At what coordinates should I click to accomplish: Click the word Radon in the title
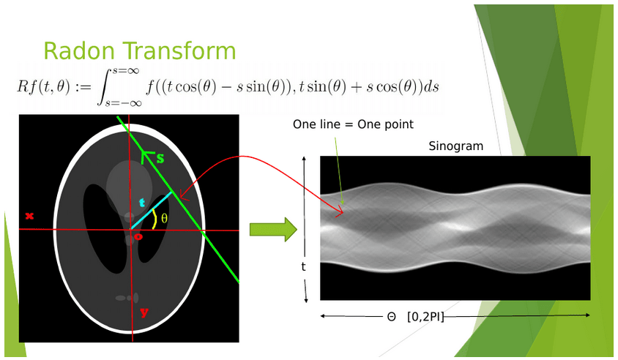[x=79, y=50]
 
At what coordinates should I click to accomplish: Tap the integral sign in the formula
[x=104, y=88]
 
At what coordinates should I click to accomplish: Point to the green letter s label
[x=160, y=158]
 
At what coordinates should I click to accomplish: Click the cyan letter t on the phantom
[x=142, y=203]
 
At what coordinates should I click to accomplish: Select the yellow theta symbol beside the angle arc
[x=164, y=218]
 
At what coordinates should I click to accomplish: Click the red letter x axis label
[x=29, y=216]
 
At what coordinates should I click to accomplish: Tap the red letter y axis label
[x=144, y=312]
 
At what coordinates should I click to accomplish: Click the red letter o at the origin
[x=138, y=237]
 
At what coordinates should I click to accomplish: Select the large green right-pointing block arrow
[x=273, y=230]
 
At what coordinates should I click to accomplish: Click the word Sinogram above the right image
[x=456, y=146]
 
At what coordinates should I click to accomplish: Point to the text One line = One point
[x=353, y=124]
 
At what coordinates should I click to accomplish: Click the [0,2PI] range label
[x=425, y=316]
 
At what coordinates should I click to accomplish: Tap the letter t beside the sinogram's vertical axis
[x=303, y=266]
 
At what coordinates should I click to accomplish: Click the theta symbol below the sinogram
[x=391, y=317]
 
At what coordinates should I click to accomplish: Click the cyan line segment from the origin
[x=152, y=210]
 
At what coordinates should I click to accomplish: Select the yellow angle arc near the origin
[x=154, y=219]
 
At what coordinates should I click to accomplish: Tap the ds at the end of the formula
[x=431, y=86]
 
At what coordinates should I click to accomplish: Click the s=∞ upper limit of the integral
[x=126, y=71]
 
